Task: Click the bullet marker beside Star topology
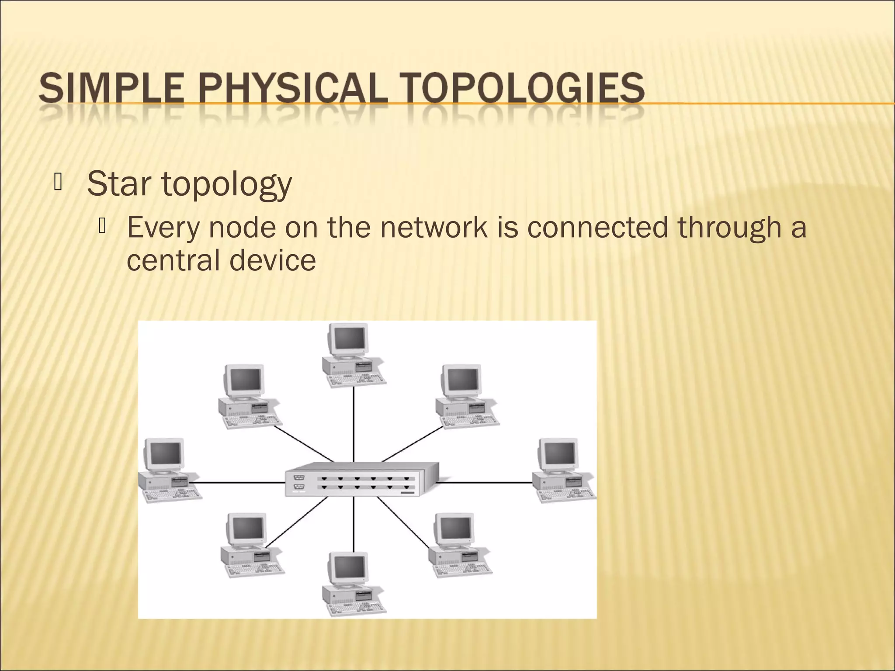pyautogui.click(x=57, y=183)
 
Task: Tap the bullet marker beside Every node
pyautogui.click(x=103, y=226)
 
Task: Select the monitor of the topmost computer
pyautogui.click(x=348, y=339)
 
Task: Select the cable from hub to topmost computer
pyautogui.click(x=354, y=424)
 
